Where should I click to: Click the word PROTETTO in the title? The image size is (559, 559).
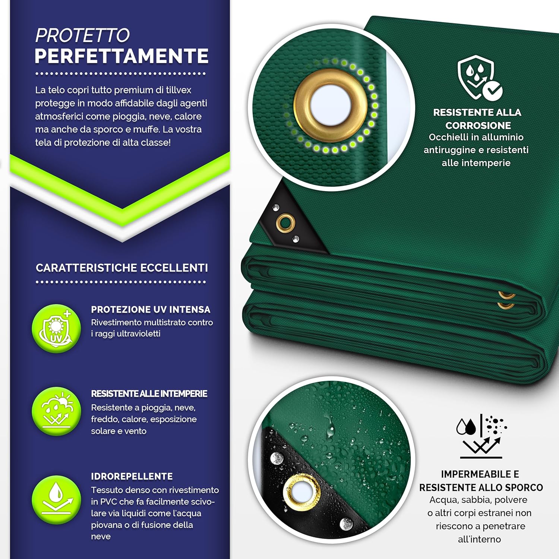click(x=82, y=36)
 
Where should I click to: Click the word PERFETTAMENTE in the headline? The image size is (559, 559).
click(x=121, y=56)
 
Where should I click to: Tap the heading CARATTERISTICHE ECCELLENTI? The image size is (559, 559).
click(x=121, y=268)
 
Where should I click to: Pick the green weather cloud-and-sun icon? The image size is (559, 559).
click(x=56, y=411)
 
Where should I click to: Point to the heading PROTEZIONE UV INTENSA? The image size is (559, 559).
click(x=151, y=310)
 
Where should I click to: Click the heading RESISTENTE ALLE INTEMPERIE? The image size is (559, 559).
click(x=149, y=394)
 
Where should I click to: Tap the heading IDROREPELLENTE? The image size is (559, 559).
click(x=132, y=477)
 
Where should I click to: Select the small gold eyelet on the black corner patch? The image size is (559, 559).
click(x=285, y=223)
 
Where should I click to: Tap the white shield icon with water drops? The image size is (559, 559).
click(x=479, y=78)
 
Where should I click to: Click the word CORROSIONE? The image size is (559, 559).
click(x=478, y=126)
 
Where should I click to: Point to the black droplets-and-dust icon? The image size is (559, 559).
click(x=481, y=436)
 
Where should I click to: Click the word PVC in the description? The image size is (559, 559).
click(x=109, y=502)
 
